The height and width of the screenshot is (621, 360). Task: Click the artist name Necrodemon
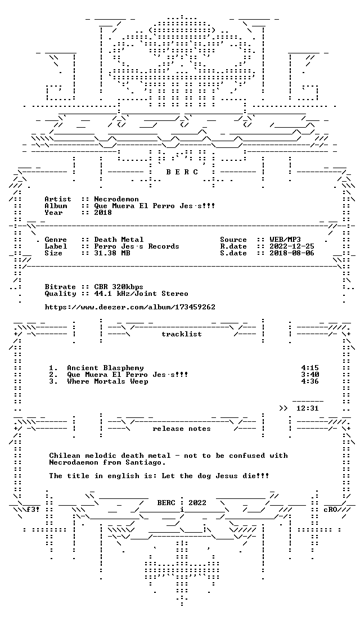(x=116, y=199)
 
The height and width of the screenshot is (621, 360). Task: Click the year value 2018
(x=103, y=213)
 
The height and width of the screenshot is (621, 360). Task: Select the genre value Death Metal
(x=119, y=240)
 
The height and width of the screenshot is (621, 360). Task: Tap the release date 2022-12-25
(x=292, y=246)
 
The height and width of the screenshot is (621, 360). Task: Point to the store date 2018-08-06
(x=292, y=253)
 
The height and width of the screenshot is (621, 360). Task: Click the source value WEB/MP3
(x=285, y=240)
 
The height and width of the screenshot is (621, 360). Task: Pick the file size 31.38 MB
(x=112, y=253)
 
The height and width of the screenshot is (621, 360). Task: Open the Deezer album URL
(x=130, y=307)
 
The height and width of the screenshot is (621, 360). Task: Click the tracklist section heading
(x=182, y=334)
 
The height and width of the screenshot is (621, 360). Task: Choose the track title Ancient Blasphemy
(x=105, y=368)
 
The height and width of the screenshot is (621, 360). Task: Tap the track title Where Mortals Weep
(x=108, y=381)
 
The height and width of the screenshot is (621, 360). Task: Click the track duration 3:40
(x=310, y=375)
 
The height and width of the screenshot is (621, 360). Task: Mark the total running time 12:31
(x=307, y=408)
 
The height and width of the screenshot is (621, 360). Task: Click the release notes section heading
(x=182, y=429)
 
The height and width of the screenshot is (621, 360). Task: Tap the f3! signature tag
(x=33, y=510)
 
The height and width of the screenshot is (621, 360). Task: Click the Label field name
(x=56, y=246)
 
